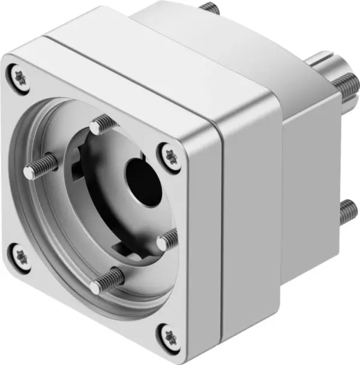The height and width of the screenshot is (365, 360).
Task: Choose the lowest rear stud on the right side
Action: (347, 212)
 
